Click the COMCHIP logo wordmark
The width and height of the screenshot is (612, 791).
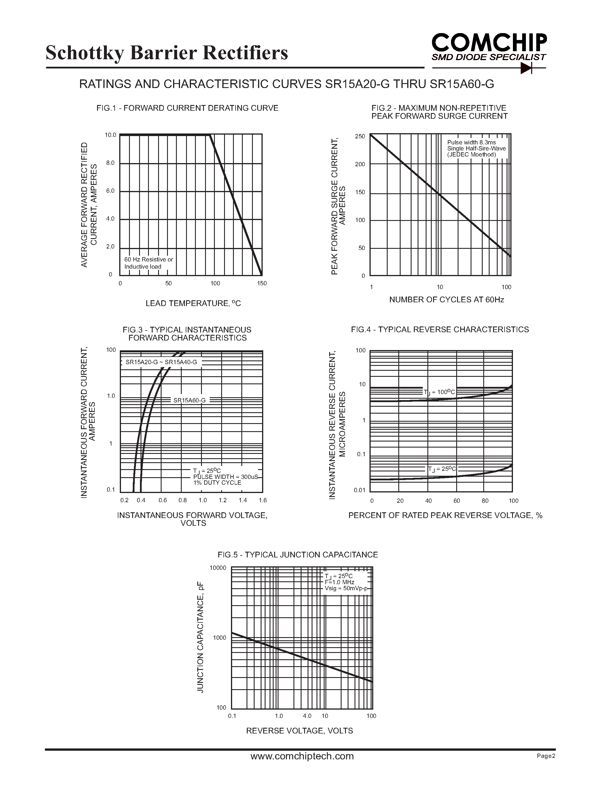[489, 43]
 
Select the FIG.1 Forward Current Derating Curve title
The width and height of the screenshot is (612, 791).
[187, 108]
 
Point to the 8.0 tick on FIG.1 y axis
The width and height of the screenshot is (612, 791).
[110, 163]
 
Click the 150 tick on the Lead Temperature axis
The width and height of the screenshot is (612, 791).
[262, 283]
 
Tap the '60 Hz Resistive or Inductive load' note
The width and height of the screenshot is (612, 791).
[149, 263]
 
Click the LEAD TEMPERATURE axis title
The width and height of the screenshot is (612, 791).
[193, 303]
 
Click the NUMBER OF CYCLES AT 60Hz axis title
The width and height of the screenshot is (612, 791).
[446, 299]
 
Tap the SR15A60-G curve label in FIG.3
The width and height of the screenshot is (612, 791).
[189, 400]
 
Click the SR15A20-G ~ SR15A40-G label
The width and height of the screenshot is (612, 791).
[161, 362]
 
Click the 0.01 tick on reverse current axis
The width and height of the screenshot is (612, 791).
[359, 490]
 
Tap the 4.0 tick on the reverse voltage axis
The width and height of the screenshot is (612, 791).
[307, 716]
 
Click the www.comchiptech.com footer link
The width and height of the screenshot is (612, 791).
[302, 756]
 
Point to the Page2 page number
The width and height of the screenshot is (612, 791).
[546, 756]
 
